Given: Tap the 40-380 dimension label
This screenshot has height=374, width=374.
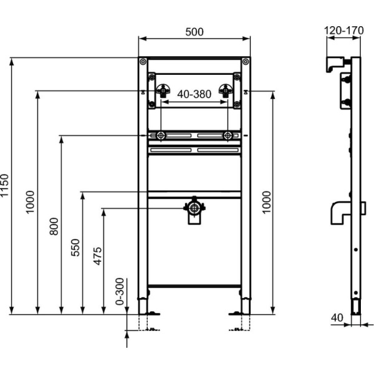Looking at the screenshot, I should [194, 94].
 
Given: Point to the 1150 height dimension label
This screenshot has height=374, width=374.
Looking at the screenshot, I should [6, 186].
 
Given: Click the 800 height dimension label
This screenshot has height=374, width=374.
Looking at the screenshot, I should [54, 226].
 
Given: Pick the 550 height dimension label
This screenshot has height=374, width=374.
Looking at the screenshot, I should [76, 248].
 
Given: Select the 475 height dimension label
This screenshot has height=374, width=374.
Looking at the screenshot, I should [98, 252].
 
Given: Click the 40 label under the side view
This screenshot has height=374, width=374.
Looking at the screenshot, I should [337, 317].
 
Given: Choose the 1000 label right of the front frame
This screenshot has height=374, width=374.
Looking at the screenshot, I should [267, 203].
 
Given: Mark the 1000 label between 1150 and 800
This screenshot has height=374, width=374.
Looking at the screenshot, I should [31, 203].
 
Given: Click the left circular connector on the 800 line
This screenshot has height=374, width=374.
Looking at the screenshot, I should [161, 135].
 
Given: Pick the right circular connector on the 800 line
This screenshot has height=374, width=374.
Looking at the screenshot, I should [228, 135].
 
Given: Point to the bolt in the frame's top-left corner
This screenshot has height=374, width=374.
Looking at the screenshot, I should [143, 62].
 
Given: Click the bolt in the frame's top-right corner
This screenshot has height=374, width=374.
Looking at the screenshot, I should [246, 62].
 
